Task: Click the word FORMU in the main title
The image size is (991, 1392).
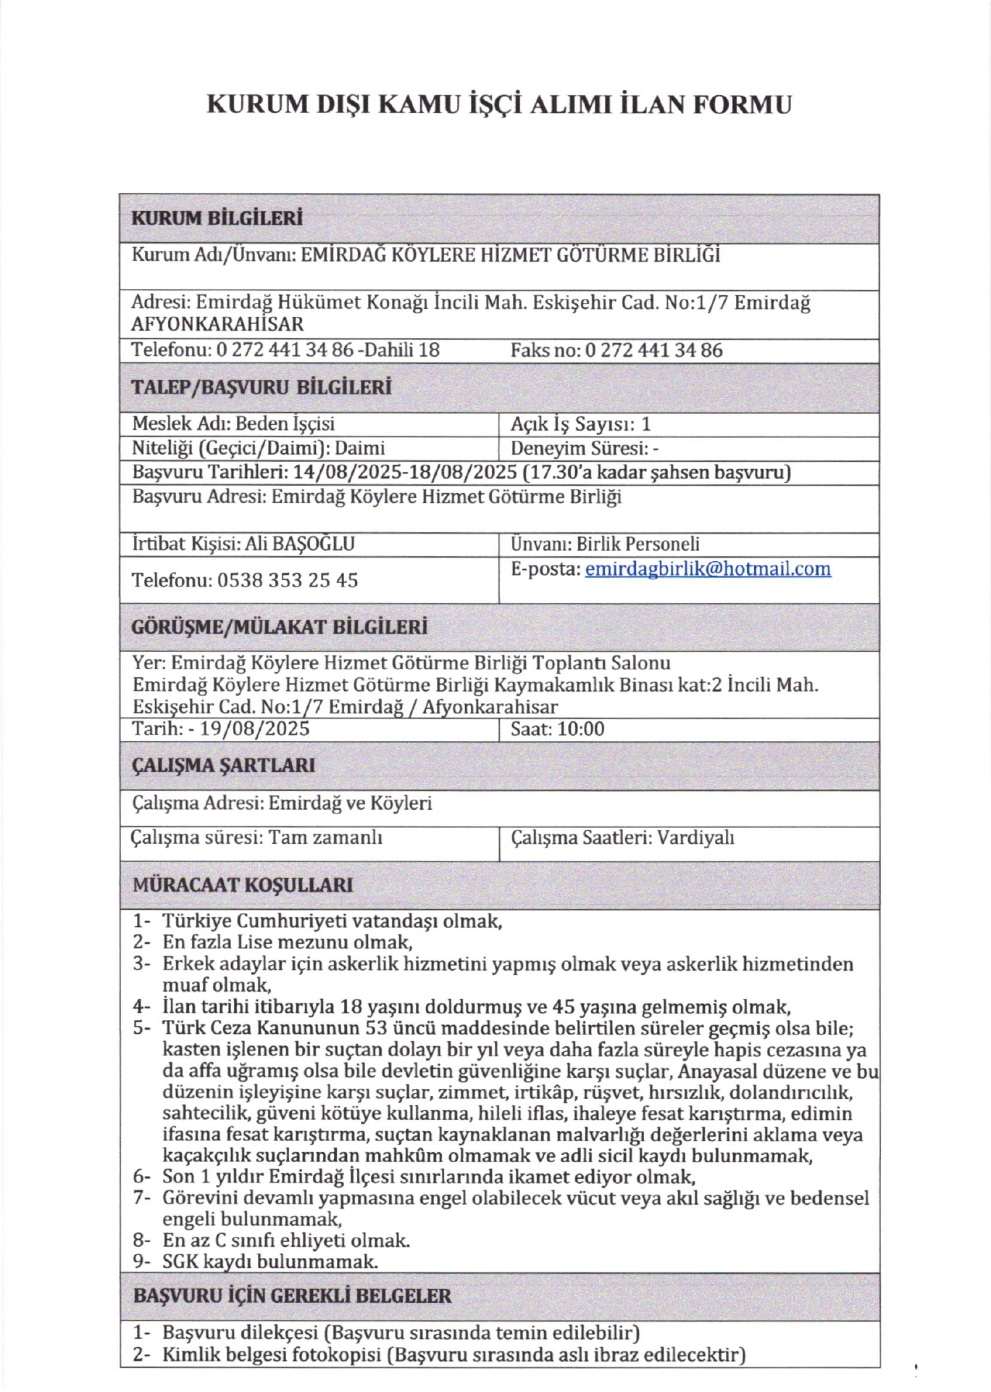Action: [743, 104]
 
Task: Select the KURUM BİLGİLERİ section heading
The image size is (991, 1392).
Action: [217, 218]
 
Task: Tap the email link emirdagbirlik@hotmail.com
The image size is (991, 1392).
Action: [707, 568]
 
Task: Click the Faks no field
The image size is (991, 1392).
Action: [616, 350]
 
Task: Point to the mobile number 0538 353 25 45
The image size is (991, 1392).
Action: [287, 580]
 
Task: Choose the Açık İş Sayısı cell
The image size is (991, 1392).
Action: [580, 424]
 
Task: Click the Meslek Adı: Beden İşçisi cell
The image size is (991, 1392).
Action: [233, 424]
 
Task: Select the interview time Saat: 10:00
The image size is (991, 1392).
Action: [557, 729]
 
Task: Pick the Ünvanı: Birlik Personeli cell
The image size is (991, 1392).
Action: [605, 544]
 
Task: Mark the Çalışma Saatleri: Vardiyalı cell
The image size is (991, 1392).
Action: [622, 837]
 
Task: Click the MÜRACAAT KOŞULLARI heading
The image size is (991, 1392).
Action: [243, 885]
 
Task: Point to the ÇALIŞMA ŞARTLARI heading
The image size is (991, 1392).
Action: [223, 766]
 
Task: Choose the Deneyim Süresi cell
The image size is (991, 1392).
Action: [584, 448]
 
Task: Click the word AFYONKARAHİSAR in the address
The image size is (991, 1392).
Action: [217, 324]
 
